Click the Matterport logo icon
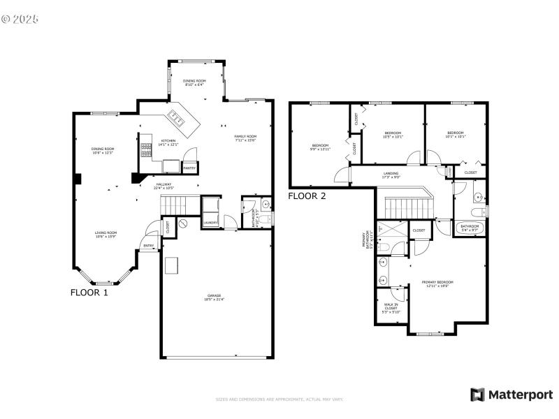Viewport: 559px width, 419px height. tap(478, 395)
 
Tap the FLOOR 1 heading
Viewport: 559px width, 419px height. tap(89, 293)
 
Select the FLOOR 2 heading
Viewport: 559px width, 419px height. tap(307, 196)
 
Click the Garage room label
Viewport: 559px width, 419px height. tap(214, 297)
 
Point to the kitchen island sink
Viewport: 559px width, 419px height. tap(177, 120)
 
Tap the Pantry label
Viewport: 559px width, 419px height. tap(189, 168)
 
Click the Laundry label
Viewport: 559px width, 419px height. tap(210, 223)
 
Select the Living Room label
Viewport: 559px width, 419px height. tap(106, 234)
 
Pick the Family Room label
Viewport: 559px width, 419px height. tap(245, 138)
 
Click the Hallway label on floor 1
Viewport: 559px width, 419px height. tap(165, 185)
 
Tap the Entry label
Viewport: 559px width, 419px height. tap(149, 246)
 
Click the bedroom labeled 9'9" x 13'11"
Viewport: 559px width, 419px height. tap(321, 147)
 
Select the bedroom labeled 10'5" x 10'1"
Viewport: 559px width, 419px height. tap(393, 135)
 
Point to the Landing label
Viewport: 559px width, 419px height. tap(391, 175)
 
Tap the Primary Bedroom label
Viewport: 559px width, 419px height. tap(435, 284)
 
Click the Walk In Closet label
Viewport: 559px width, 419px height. tap(391, 307)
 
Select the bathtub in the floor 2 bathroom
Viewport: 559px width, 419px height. tap(470, 227)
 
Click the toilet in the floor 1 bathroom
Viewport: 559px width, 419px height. tap(265, 205)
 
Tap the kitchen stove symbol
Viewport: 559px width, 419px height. tap(147, 148)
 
